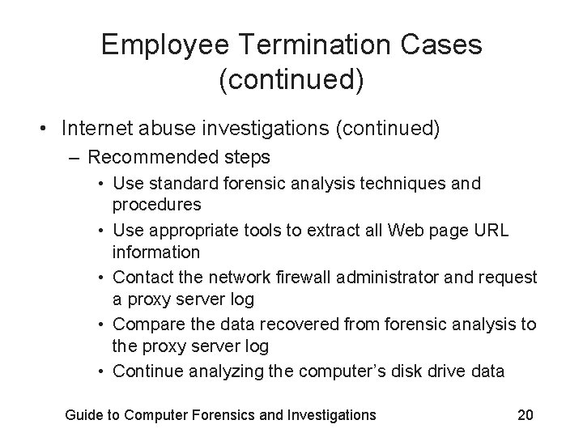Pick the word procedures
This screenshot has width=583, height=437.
(x=157, y=205)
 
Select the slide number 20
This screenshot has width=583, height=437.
(x=525, y=415)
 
